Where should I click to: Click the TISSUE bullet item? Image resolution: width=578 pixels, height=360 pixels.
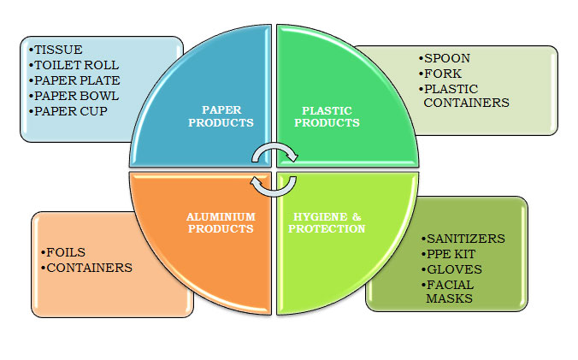pyautogui.click(x=57, y=50)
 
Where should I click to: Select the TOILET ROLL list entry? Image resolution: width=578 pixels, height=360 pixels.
pyautogui.click(x=74, y=65)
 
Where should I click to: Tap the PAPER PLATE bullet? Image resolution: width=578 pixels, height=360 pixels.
pyautogui.click(x=74, y=80)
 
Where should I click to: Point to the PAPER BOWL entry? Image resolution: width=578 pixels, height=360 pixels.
pyautogui.click(x=74, y=96)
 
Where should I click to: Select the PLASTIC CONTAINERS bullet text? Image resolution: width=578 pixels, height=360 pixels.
pyautogui.click(x=465, y=96)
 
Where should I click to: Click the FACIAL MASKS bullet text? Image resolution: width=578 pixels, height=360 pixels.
pyautogui.click(x=450, y=292)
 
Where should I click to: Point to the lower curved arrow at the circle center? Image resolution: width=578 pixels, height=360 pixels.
pyautogui.click(x=274, y=183)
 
